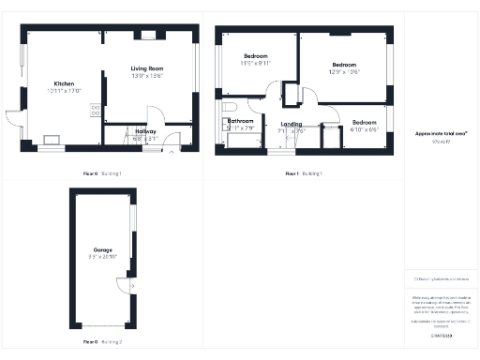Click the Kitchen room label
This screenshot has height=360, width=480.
tap(65, 83)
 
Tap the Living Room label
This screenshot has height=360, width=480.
tap(147, 68)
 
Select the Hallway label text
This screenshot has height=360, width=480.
tap(146, 130)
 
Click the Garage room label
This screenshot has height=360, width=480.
tap(103, 250)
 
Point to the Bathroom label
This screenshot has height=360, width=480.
tap(241, 121)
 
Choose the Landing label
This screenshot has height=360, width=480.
tap(292, 124)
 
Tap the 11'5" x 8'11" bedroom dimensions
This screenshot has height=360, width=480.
tap(255, 64)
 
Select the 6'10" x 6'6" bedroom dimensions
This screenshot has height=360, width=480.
tap(366, 130)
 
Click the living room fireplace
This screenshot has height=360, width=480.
tap(147, 36)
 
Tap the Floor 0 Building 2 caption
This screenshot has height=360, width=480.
tap(103, 342)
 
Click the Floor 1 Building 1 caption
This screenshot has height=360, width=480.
tap(304, 173)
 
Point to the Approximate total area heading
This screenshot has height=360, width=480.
tap(441, 134)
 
